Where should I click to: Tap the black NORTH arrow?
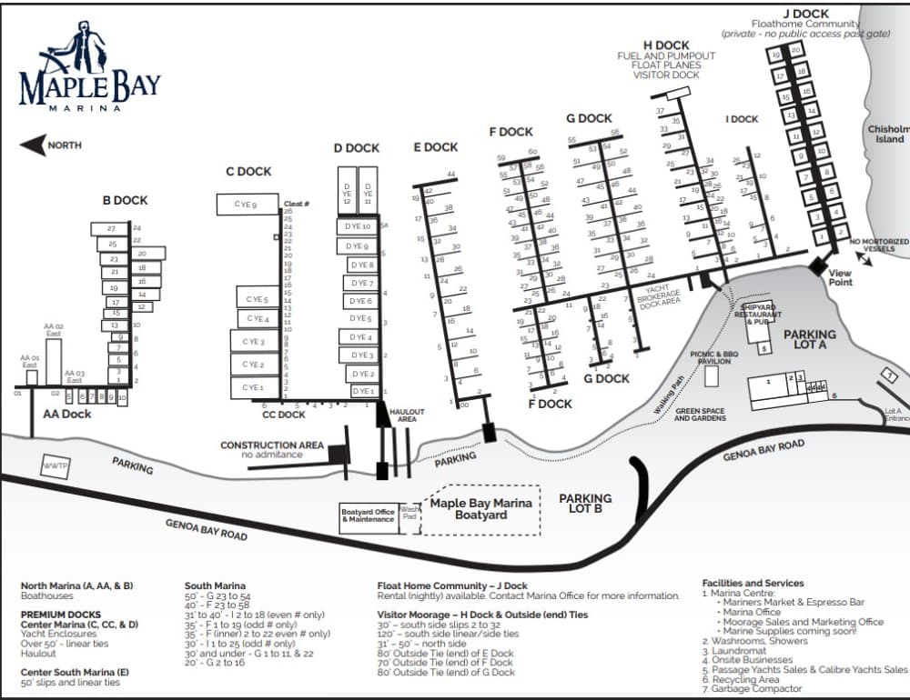point(34,145)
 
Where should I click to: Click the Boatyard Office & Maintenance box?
point(369,516)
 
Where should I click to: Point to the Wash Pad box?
point(409,515)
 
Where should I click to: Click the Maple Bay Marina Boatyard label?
point(481,509)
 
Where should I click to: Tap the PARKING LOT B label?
point(585,504)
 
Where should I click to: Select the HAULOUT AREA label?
point(407,415)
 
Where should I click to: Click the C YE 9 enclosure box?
point(247,205)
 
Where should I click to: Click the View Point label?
point(840,278)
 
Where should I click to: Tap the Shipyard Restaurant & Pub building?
point(755,315)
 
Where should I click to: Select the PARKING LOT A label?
point(810,340)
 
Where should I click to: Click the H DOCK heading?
point(666,45)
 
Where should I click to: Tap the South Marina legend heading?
point(217,585)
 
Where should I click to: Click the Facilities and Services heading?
point(753,583)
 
